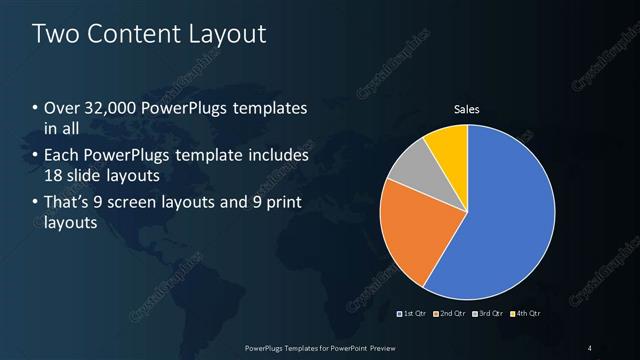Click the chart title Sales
[x=467, y=109]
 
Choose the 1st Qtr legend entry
[x=412, y=313]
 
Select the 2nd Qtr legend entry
[x=449, y=313]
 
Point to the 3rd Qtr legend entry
[x=487, y=313]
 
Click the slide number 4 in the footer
[x=589, y=348]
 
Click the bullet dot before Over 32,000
[x=36, y=108]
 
